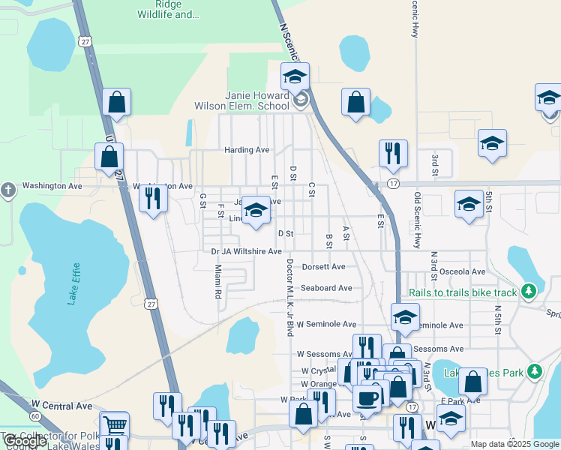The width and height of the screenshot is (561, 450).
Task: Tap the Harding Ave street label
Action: click(x=246, y=150)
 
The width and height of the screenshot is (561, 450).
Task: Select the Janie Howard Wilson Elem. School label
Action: click(x=258, y=100)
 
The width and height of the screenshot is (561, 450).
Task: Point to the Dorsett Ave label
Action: click(x=323, y=266)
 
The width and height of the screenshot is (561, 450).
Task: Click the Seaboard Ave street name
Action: click(x=326, y=288)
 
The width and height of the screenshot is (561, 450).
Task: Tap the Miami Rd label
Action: click(x=217, y=281)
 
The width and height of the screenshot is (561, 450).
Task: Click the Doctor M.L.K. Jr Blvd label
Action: click(x=288, y=297)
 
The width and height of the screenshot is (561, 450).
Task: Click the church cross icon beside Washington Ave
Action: click(x=8, y=190)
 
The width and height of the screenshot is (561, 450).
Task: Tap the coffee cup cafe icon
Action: click(x=367, y=397)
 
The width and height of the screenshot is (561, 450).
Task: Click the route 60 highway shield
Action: click(x=34, y=415)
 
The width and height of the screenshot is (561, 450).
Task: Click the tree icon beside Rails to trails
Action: click(x=530, y=290)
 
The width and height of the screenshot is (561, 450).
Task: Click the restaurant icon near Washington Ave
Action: click(x=153, y=198)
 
